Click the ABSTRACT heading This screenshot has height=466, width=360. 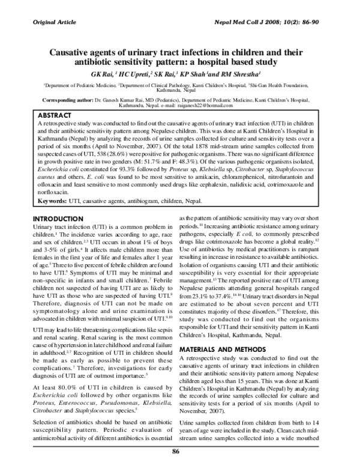point(56,114)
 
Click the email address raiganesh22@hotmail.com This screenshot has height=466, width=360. point(216,106)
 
